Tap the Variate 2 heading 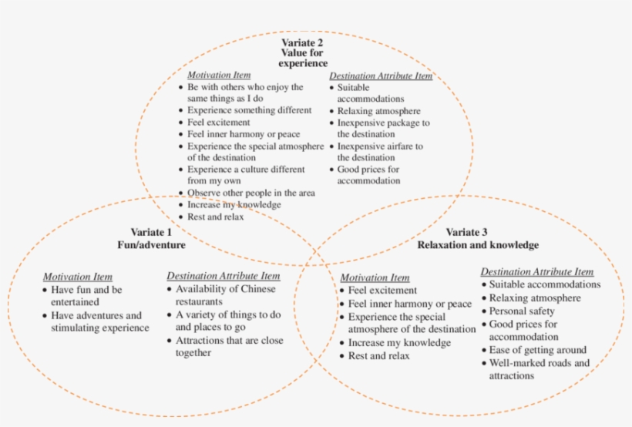[303, 42]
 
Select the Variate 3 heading [467, 232]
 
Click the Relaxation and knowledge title [478, 245]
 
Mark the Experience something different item [249, 110]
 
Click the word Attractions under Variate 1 [201, 340]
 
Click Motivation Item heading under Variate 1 [77, 276]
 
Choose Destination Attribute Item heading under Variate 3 [537, 271]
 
